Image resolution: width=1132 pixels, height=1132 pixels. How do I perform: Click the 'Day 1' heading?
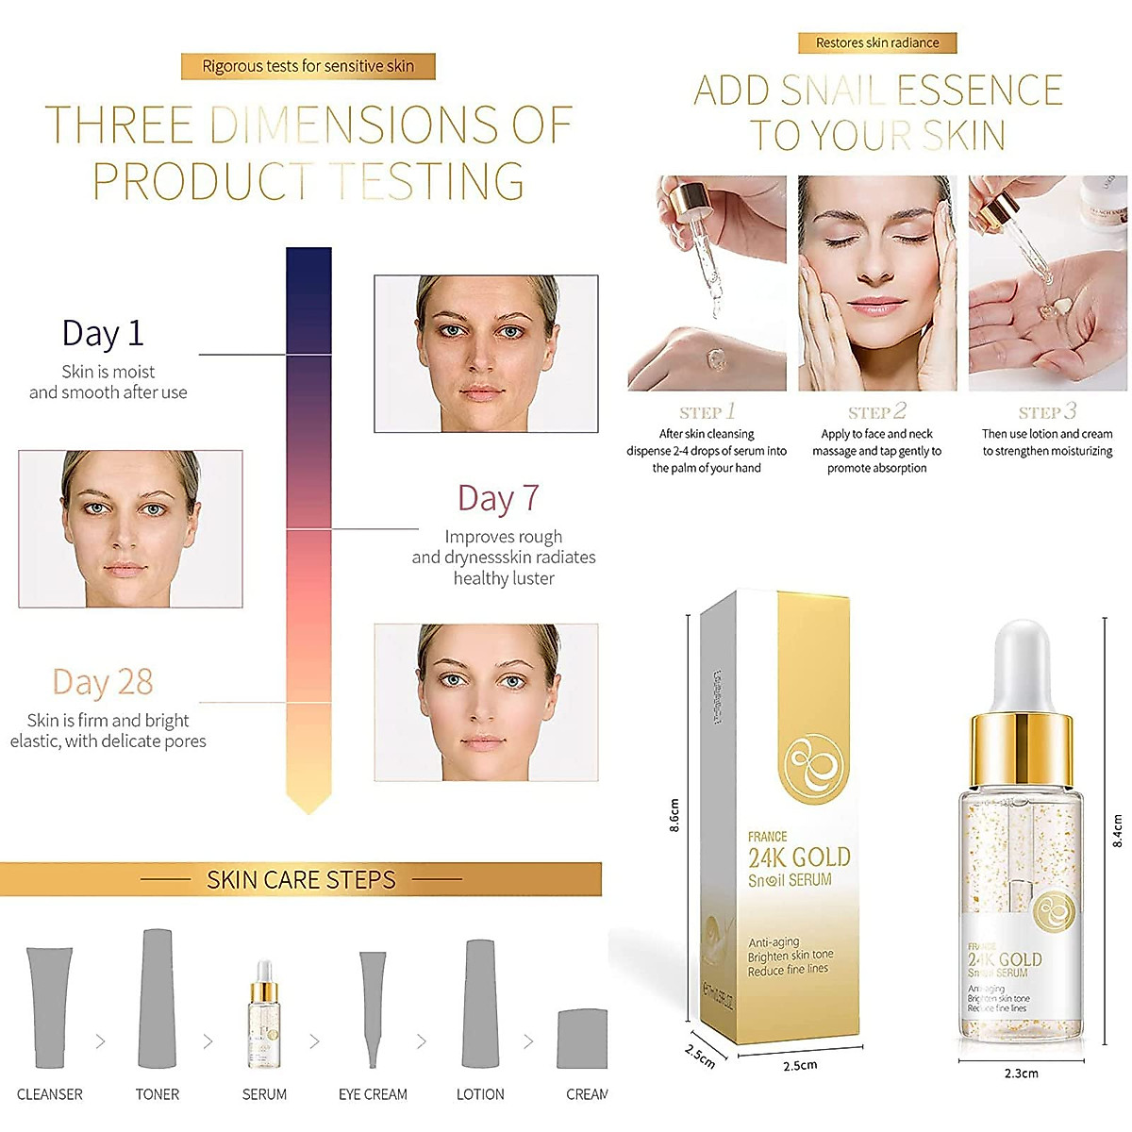(x=103, y=333)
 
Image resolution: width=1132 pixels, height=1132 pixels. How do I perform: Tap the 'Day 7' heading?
(x=498, y=498)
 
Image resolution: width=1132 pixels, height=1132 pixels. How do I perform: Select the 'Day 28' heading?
(x=103, y=682)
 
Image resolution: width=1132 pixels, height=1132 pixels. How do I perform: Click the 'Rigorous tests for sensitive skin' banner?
(x=308, y=66)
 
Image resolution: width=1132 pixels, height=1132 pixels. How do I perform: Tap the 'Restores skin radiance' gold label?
(x=877, y=42)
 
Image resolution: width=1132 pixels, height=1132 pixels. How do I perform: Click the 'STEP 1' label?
(x=707, y=412)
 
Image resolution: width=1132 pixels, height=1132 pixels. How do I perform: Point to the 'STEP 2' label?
(x=876, y=412)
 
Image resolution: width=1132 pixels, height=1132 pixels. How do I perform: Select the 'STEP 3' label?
(x=1046, y=412)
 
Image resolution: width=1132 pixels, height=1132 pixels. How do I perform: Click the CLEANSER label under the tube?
(x=50, y=1094)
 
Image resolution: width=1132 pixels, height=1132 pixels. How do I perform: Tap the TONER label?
(x=157, y=1094)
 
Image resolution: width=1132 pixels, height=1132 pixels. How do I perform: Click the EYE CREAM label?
(x=373, y=1094)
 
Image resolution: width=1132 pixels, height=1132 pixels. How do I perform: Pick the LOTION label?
(x=480, y=1094)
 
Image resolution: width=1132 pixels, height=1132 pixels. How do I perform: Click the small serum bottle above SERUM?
(x=263, y=1016)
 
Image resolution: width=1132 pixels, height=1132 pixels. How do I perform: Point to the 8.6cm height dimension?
(x=674, y=817)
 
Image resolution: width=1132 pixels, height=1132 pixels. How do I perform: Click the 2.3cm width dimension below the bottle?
(x=1021, y=1074)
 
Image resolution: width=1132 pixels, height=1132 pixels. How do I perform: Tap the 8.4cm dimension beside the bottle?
(x=1118, y=830)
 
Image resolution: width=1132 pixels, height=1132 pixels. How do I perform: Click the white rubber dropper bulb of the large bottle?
(x=1021, y=660)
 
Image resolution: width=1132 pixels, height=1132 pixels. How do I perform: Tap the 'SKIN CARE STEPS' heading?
(x=301, y=880)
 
